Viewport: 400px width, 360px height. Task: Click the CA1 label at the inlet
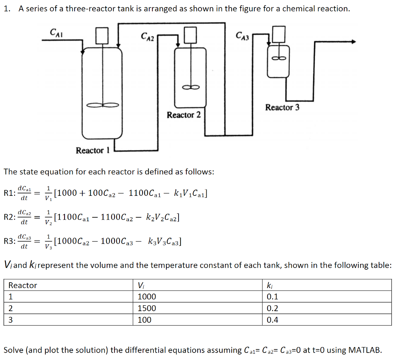(x=56, y=33)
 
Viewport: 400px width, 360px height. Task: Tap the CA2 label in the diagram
(x=147, y=36)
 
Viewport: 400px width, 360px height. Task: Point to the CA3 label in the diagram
(x=242, y=36)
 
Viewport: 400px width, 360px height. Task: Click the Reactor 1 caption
(x=93, y=150)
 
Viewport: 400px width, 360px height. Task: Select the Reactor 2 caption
(x=184, y=115)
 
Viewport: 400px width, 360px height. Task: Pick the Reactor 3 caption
(x=282, y=107)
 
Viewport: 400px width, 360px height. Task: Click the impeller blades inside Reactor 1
(x=103, y=105)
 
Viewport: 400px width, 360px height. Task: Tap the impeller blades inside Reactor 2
(x=191, y=87)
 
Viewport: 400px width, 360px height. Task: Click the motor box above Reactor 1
(x=102, y=36)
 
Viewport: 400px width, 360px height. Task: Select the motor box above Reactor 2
(x=190, y=35)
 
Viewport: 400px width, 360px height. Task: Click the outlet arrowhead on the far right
(x=354, y=41)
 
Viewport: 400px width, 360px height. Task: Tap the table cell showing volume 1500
(x=147, y=308)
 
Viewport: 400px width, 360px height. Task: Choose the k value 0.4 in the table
(x=272, y=320)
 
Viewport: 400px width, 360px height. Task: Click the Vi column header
(x=141, y=285)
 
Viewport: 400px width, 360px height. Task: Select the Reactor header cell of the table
(x=23, y=285)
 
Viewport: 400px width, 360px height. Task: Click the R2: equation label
(x=10, y=217)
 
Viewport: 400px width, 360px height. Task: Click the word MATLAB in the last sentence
(x=365, y=350)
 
